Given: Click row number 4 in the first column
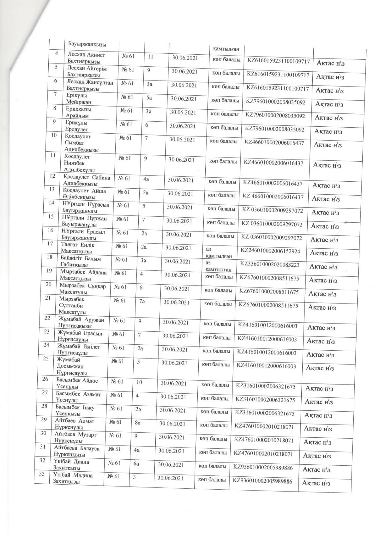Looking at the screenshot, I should click(57, 53).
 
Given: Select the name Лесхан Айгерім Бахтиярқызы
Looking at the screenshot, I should click(87, 72).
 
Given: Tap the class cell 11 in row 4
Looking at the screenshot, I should click(150, 57).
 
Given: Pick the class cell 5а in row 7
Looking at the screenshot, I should click(149, 98).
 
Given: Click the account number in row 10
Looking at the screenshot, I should click(274, 143).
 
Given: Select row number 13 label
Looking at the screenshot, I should click(52, 189).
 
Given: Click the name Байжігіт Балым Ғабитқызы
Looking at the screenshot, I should click(81, 261).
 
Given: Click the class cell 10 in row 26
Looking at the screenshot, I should click(139, 382).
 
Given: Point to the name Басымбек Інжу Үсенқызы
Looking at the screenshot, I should click(75, 410).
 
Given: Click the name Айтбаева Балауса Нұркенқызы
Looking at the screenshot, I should click(76, 451).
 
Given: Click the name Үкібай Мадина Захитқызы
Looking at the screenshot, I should click(73, 478).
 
